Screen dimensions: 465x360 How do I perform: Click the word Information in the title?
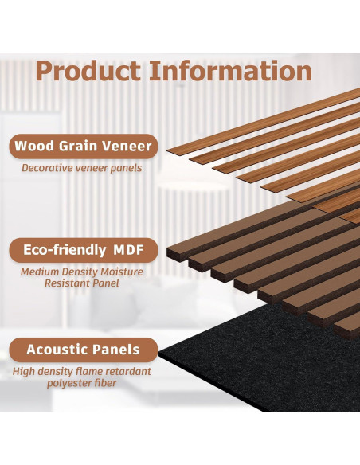tap(231, 71)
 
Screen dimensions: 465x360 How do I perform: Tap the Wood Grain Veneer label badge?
tap(83, 147)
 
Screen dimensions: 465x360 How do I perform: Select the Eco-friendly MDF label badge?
tap(83, 249)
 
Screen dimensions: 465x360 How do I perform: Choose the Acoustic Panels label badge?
tap(83, 350)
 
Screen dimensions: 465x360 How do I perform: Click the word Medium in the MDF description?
tap(42, 272)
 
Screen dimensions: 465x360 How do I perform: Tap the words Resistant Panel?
tap(83, 283)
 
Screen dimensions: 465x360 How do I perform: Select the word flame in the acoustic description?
tap(88, 371)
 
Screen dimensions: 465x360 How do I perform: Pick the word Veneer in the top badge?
tap(129, 147)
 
